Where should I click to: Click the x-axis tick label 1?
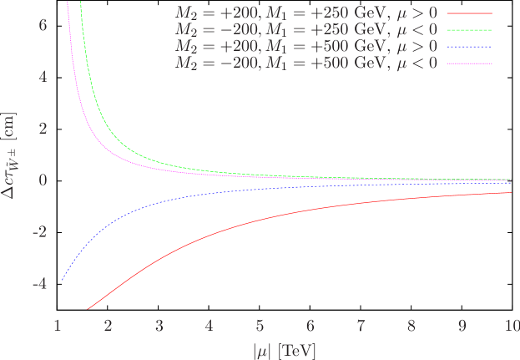click(58, 325)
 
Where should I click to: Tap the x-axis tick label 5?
click(260, 325)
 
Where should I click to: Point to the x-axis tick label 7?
click(361, 325)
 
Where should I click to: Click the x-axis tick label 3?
click(159, 325)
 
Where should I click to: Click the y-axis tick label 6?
click(43, 25)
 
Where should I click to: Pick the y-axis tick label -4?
click(40, 284)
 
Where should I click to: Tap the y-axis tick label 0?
click(43, 180)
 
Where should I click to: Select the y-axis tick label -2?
click(40, 232)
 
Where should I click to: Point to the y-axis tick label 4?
click(43, 77)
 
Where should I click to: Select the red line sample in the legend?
click(470, 14)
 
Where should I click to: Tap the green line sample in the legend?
click(470, 31)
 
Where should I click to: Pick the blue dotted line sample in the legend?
click(470, 47)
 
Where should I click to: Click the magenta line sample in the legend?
click(470, 63)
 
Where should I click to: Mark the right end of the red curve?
click(511, 193)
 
